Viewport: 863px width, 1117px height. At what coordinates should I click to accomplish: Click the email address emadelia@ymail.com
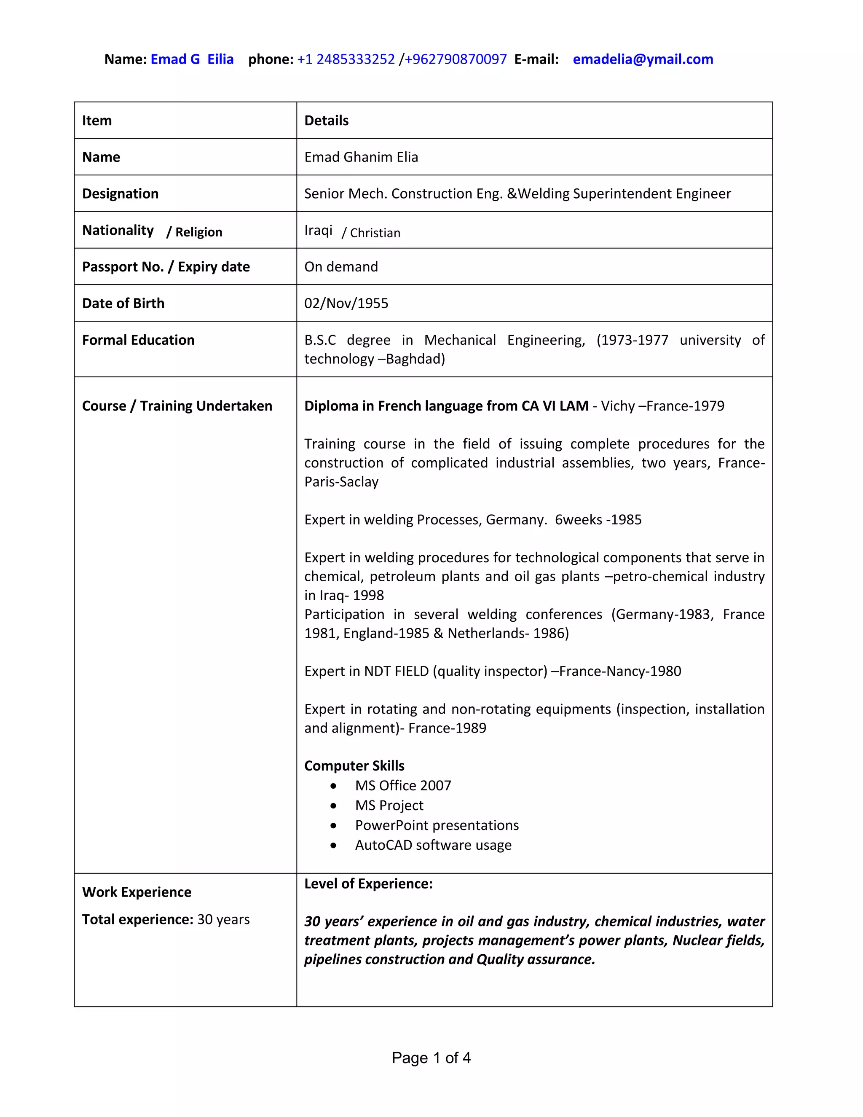(x=643, y=59)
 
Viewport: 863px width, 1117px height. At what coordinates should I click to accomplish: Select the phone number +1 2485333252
(x=346, y=59)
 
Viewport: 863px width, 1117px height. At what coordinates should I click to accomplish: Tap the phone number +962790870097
(x=456, y=59)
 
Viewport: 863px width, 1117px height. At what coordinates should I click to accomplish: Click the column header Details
(x=326, y=121)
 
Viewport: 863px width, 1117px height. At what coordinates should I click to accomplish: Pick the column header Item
(x=96, y=121)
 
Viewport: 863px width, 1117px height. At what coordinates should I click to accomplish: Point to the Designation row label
(x=120, y=194)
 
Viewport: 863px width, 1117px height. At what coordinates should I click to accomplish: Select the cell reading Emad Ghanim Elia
(x=361, y=157)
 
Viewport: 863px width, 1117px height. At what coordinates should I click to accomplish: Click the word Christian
(x=375, y=233)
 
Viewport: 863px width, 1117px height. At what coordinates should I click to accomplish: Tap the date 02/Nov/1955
(x=346, y=303)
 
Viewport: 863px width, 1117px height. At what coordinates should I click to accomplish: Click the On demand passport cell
(x=341, y=267)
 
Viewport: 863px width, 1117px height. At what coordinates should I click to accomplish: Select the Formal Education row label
(x=138, y=340)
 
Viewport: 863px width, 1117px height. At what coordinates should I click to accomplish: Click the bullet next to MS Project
(x=333, y=806)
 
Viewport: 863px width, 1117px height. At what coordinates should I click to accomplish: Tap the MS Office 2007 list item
(x=403, y=786)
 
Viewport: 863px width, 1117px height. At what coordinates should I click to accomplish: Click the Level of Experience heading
(x=368, y=884)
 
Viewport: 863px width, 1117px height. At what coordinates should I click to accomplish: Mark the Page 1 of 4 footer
(x=431, y=1058)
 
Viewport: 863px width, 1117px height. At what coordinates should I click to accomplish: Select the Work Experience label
(x=137, y=892)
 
